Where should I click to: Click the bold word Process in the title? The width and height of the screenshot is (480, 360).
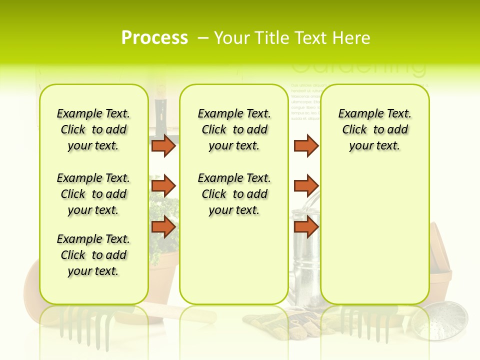[154, 37]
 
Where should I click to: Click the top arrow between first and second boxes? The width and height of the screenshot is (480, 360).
[163, 145]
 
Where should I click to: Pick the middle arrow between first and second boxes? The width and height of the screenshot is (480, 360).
[163, 186]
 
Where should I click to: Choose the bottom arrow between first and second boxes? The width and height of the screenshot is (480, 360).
[163, 227]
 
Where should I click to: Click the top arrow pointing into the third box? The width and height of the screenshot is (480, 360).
[306, 145]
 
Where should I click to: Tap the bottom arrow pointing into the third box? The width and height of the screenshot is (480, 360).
[306, 227]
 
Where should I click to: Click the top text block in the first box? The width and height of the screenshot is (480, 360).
[93, 129]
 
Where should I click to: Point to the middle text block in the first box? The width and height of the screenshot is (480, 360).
[93, 194]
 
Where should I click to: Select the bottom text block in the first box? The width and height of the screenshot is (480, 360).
[93, 255]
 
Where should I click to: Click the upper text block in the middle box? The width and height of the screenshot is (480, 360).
[234, 129]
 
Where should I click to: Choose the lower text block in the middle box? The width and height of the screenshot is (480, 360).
[234, 194]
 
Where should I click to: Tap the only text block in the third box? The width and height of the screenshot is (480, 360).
[374, 129]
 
